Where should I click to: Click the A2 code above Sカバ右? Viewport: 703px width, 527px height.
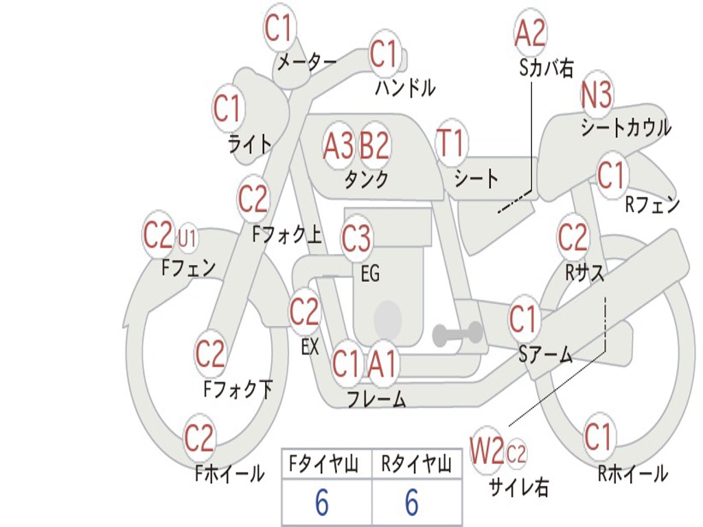click(x=530, y=32)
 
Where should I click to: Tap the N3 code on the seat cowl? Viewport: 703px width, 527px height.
click(x=597, y=95)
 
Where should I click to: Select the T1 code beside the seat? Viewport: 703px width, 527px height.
click(x=451, y=145)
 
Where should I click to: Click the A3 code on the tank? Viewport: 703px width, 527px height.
click(x=338, y=145)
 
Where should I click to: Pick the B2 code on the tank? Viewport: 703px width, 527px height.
click(x=374, y=145)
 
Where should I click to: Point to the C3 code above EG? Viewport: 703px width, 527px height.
click(x=356, y=239)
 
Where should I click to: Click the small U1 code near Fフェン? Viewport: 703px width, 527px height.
click(x=187, y=239)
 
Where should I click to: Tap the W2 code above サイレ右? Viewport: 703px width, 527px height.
click(x=487, y=452)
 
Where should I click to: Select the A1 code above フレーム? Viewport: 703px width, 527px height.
click(x=382, y=364)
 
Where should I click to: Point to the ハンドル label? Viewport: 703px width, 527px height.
click(x=405, y=88)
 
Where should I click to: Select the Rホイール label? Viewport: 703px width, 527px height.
click(x=632, y=473)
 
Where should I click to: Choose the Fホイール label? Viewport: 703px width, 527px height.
click(x=229, y=473)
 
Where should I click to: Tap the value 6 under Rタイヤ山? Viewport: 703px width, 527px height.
click(x=411, y=504)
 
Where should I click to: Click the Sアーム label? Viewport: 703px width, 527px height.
click(x=545, y=354)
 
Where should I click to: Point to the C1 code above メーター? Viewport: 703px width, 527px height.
click(x=279, y=29)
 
